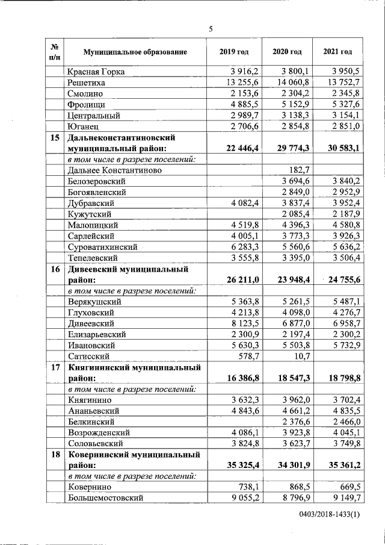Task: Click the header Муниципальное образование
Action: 135,52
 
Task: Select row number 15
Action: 55,137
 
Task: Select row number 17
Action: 55,367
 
